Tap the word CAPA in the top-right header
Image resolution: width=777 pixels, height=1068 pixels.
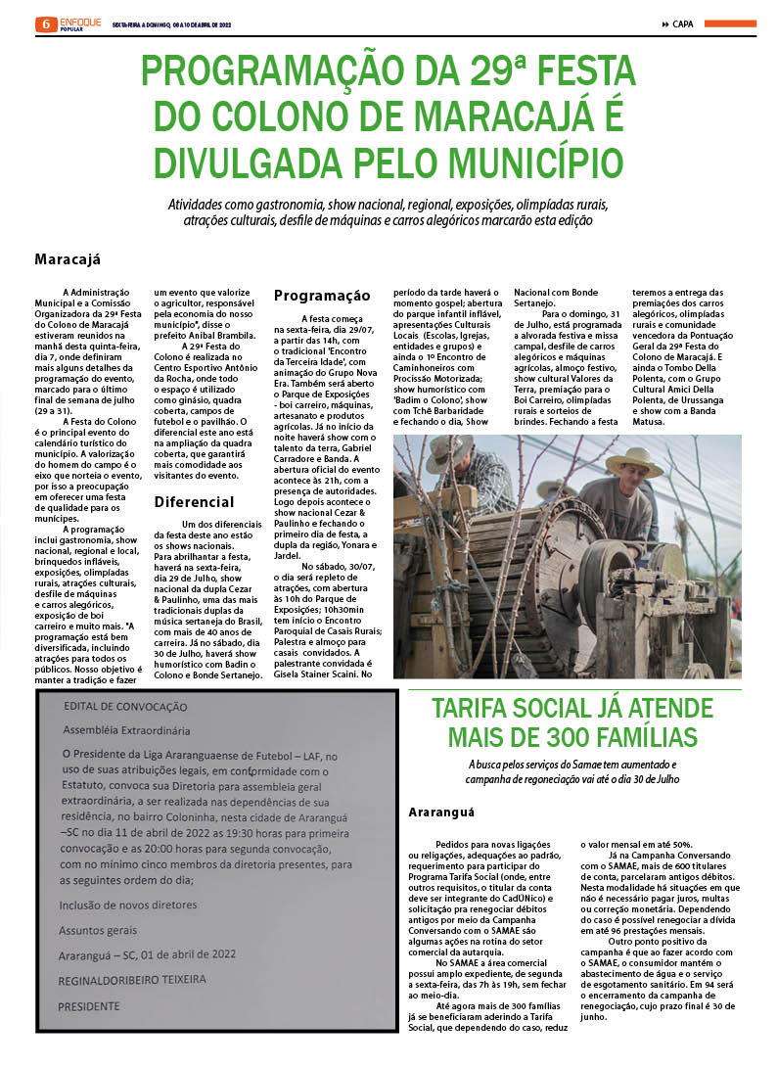(683, 24)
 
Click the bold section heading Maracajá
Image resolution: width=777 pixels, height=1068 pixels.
(68, 260)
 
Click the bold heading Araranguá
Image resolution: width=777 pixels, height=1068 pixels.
(440, 812)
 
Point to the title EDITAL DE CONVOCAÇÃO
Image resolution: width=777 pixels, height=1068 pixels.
(124, 707)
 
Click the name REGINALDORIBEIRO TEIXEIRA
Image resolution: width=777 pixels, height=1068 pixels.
(132, 979)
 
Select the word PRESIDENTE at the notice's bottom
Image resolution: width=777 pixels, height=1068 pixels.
(95, 1005)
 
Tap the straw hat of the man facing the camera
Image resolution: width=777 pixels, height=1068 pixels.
(633, 461)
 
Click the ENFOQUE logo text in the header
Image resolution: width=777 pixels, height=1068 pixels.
(80, 21)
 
